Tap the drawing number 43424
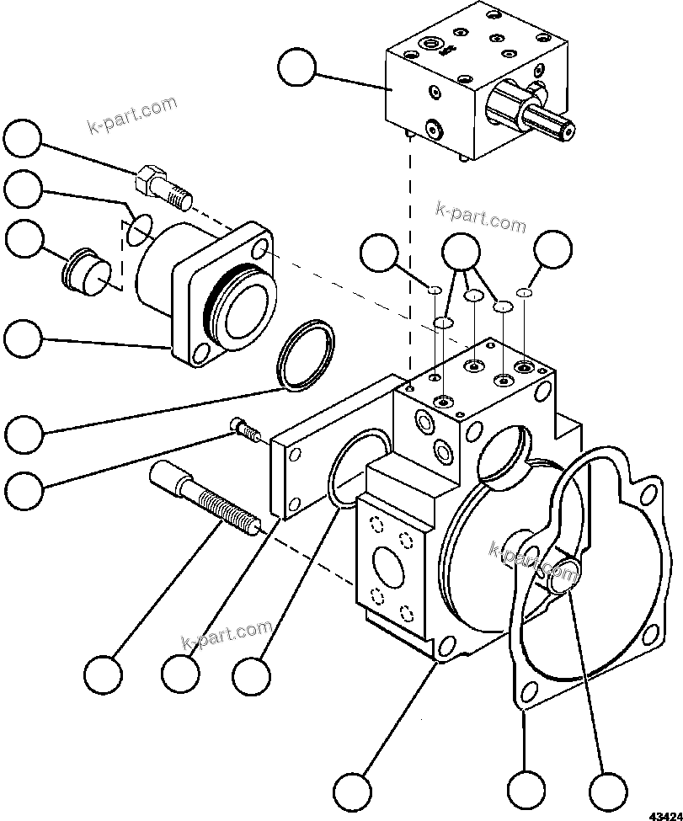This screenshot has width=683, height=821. tap(664, 814)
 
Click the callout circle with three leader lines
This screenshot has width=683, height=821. tap(461, 250)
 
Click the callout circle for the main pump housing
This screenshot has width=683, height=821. tap(352, 790)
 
